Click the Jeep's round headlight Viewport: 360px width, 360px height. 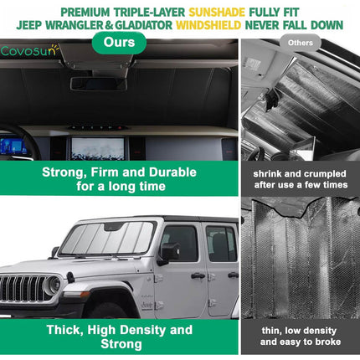tap(52, 286)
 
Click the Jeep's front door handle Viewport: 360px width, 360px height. tap(198, 275)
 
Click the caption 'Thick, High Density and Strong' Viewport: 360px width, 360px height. tap(120, 336)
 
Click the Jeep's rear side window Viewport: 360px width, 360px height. tap(221, 244)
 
